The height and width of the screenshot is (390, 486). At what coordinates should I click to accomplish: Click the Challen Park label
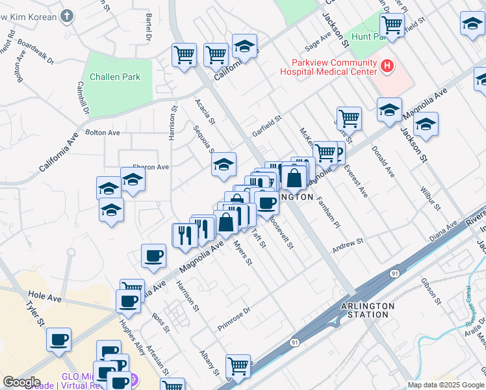[115, 77]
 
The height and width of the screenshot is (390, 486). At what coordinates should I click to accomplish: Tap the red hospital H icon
[387, 66]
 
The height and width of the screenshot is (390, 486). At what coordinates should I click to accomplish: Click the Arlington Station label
[368, 309]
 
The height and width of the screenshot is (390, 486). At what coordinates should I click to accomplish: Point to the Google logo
[21, 382]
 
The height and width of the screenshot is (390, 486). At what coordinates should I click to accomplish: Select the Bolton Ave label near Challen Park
[103, 133]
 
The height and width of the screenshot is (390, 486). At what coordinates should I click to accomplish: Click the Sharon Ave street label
[150, 167]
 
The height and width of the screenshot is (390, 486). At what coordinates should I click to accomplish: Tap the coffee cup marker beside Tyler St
[59, 339]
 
